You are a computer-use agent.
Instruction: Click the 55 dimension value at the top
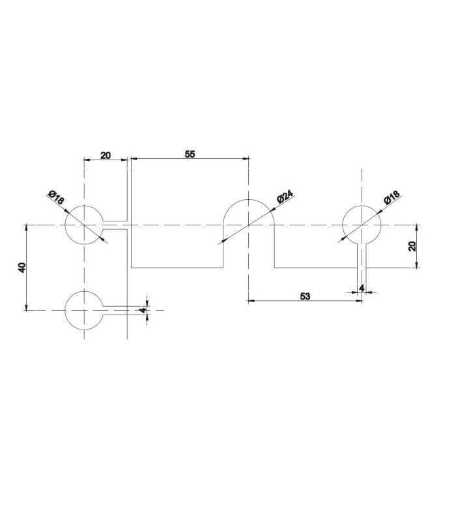[x=190, y=154]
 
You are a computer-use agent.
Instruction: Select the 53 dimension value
[x=305, y=296]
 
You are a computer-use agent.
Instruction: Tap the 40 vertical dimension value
[x=22, y=268]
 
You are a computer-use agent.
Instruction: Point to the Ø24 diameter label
[x=285, y=197]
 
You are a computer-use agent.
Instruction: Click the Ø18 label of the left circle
[x=56, y=197]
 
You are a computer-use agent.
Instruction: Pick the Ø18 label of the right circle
[x=392, y=198]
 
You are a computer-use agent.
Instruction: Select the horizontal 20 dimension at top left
[x=106, y=155]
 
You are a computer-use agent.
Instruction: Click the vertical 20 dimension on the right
[x=412, y=246]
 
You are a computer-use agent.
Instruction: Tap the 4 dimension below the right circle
[x=361, y=287]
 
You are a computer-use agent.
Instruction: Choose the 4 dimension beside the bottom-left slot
[x=142, y=311]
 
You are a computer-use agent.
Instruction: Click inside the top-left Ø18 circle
[x=84, y=225]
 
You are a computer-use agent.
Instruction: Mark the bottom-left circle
[x=84, y=310]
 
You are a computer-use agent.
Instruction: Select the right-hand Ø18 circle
[x=361, y=225]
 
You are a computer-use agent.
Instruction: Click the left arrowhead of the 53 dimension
[x=251, y=301]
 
